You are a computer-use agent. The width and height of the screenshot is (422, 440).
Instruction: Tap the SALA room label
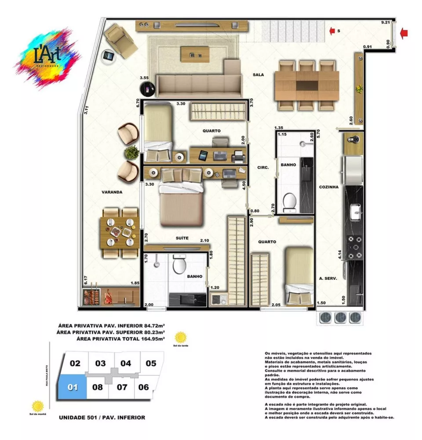click(x=258, y=75)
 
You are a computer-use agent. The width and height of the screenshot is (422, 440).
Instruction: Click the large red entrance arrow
click(x=404, y=32)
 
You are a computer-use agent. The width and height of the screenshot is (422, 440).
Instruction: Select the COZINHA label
click(x=329, y=187)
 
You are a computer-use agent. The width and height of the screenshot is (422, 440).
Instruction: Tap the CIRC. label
click(x=263, y=167)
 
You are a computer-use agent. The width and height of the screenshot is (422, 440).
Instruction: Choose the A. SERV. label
click(x=328, y=278)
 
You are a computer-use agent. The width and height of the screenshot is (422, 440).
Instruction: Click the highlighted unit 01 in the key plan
click(x=73, y=387)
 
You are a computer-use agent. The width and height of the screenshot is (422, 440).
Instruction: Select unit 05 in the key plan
click(x=151, y=363)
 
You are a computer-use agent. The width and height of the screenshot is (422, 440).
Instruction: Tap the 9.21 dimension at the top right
click(x=386, y=22)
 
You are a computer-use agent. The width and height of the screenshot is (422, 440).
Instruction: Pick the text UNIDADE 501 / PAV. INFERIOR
click(x=102, y=417)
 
